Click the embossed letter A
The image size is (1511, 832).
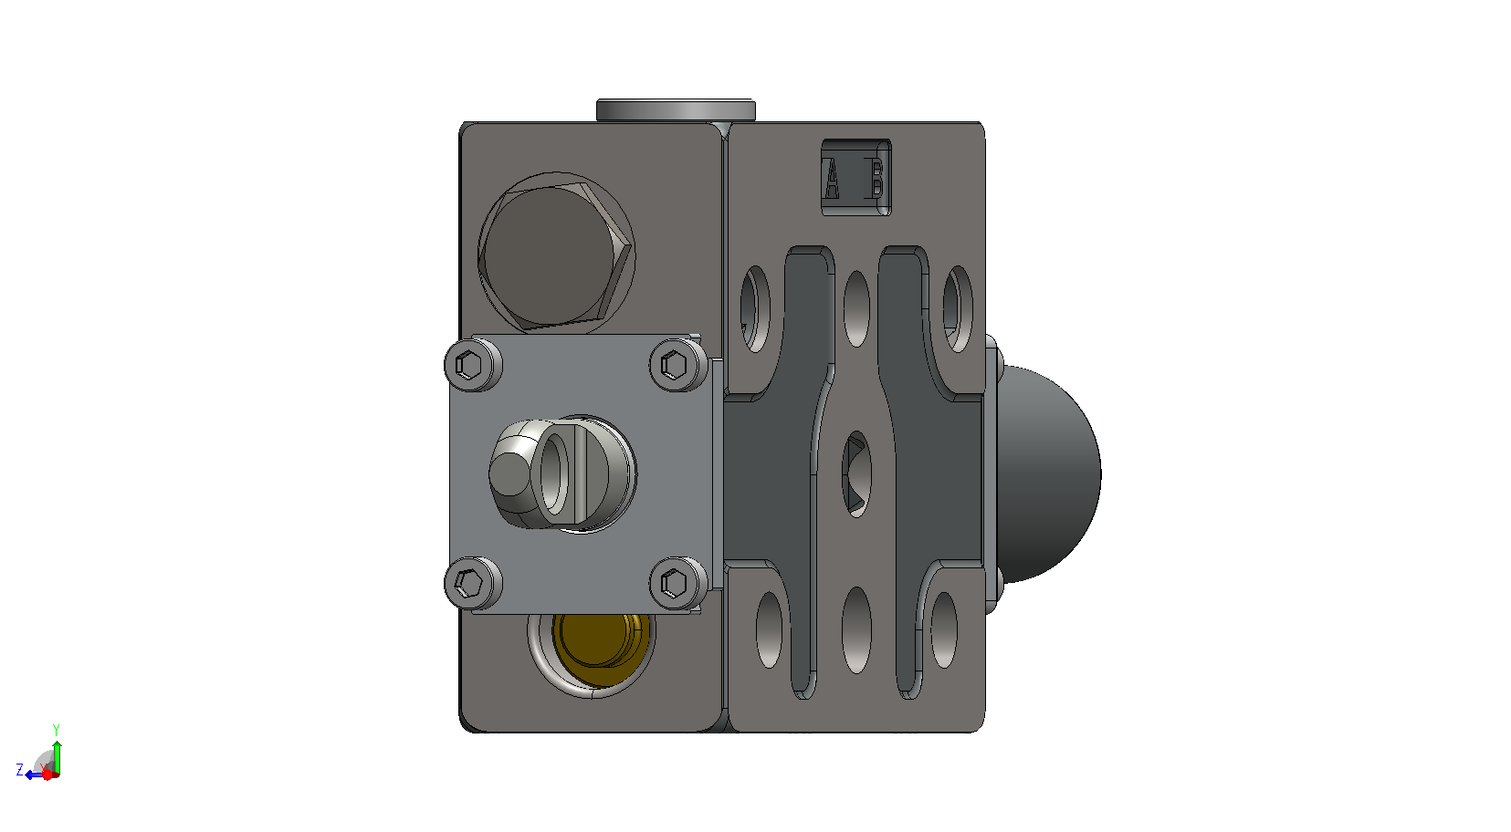coord(832,179)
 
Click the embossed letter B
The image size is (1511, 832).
coord(876,179)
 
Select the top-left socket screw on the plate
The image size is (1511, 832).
coord(473,365)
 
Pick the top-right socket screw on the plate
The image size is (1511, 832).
coord(678,365)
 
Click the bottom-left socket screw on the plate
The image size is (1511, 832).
coord(473,583)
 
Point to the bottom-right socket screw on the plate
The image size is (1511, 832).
coord(678,583)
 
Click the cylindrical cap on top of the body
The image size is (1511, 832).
coord(676,109)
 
